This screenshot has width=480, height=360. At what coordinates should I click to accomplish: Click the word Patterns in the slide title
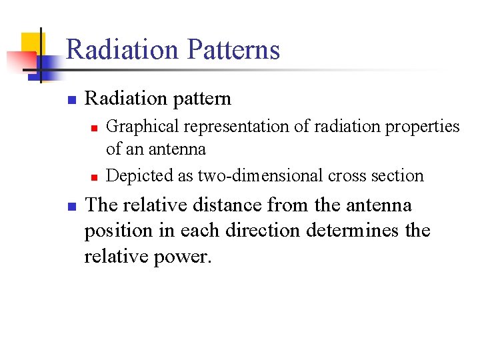coord(234,51)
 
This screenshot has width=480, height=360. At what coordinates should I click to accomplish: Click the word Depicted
coord(136,175)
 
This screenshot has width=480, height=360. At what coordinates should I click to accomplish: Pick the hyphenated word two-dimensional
coord(247,175)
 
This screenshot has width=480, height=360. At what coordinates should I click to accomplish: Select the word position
coord(116,231)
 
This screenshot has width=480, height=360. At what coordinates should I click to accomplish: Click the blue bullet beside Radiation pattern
coord(71,101)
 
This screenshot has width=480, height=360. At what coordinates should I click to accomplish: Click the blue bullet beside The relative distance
coord(71,207)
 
